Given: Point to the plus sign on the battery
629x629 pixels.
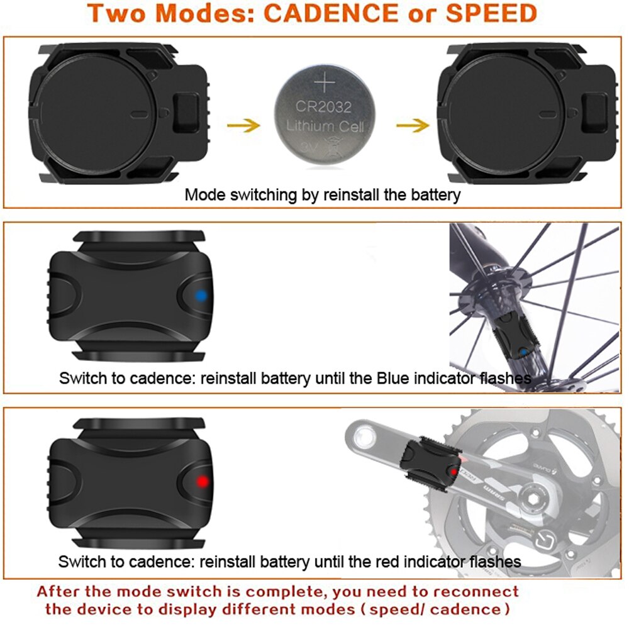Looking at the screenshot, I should coord(325,83).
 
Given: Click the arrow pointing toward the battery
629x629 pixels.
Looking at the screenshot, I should coord(243,125).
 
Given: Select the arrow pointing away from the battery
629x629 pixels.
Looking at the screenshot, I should coord(412,125).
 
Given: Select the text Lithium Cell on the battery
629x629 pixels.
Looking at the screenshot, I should coord(325,126).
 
